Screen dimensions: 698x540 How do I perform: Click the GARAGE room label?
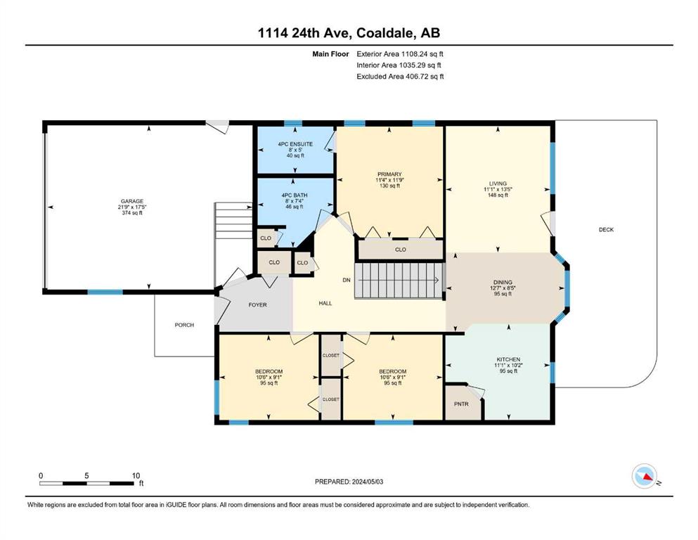point(132,201)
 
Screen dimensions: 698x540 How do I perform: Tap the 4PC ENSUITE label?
point(295,144)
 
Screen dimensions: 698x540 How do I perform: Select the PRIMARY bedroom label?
point(389,174)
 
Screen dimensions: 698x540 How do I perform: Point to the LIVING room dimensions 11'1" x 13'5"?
point(498,189)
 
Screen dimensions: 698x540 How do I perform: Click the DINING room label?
point(503,282)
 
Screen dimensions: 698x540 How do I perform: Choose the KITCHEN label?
point(508,359)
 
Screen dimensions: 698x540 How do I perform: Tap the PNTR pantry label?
point(461,404)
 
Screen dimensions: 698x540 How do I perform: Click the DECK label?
point(606,230)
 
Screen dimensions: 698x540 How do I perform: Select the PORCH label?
point(184,325)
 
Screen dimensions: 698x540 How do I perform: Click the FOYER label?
point(257,305)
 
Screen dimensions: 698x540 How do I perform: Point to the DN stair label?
point(347,280)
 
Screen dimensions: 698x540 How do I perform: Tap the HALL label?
point(325,303)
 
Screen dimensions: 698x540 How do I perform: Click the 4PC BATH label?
point(295,195)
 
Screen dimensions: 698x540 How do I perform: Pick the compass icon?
point(645,476)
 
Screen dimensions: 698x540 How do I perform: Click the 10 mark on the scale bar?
point(136,475)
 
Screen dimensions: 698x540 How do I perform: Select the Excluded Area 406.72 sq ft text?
point(400,77)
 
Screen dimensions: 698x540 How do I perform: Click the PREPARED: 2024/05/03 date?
point(349,482)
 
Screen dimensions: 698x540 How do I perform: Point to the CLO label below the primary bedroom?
point(400,250)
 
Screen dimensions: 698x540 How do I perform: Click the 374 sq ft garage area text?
point(132,213)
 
